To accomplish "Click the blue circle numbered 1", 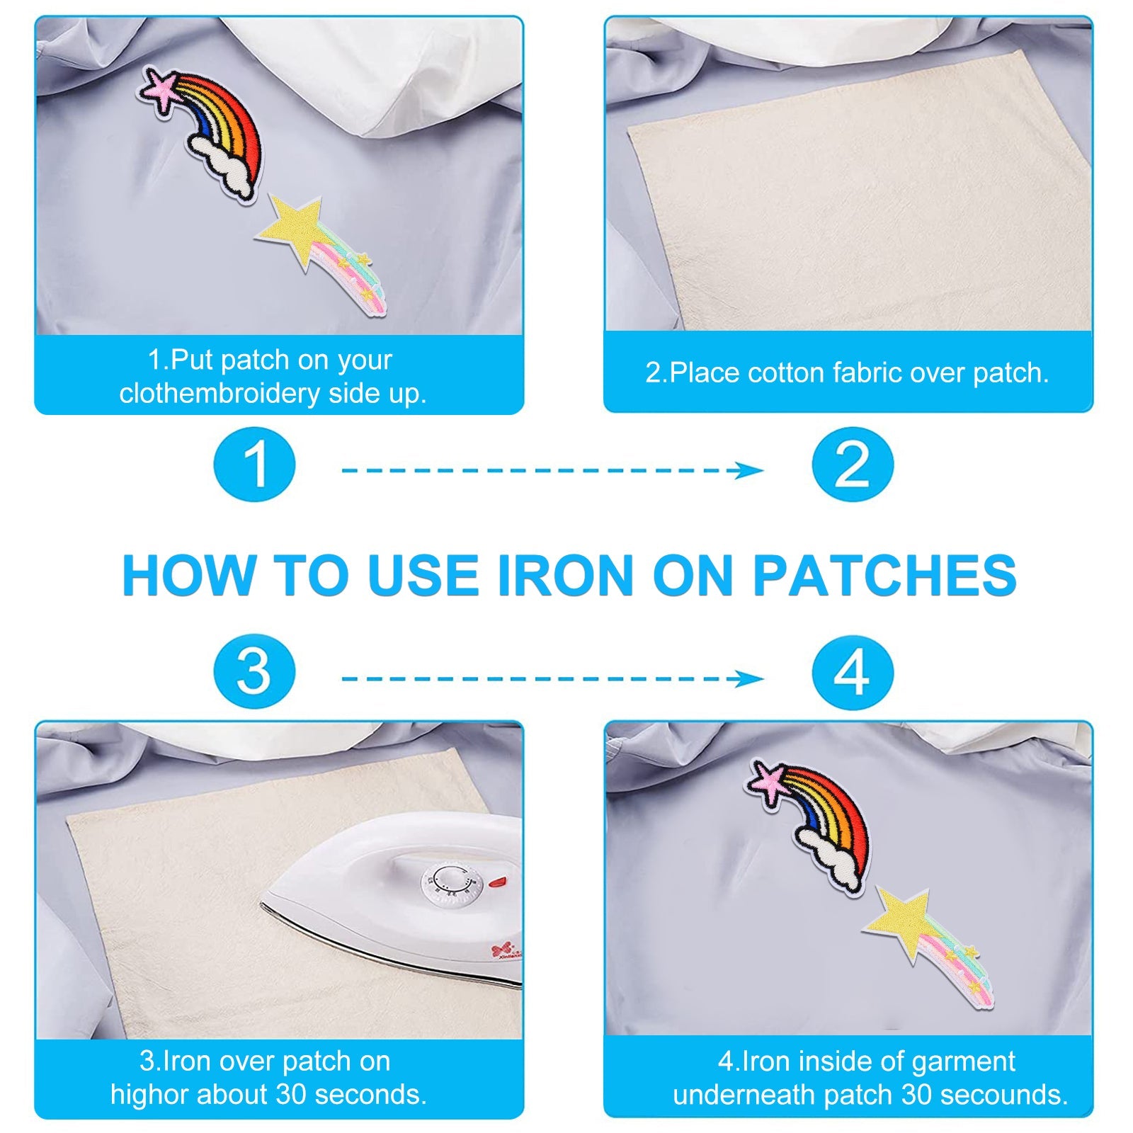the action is (254, 465).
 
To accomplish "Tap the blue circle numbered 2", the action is (853, 465).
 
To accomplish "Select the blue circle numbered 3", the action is (254, 671).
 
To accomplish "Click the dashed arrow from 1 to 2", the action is (552, 470).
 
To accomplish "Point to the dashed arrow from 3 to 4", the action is (552, 679).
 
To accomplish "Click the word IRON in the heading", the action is (565, 575).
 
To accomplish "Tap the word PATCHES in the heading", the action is (884, 575).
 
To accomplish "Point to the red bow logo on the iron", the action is (501, 948).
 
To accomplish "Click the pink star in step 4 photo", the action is (767, 781).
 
